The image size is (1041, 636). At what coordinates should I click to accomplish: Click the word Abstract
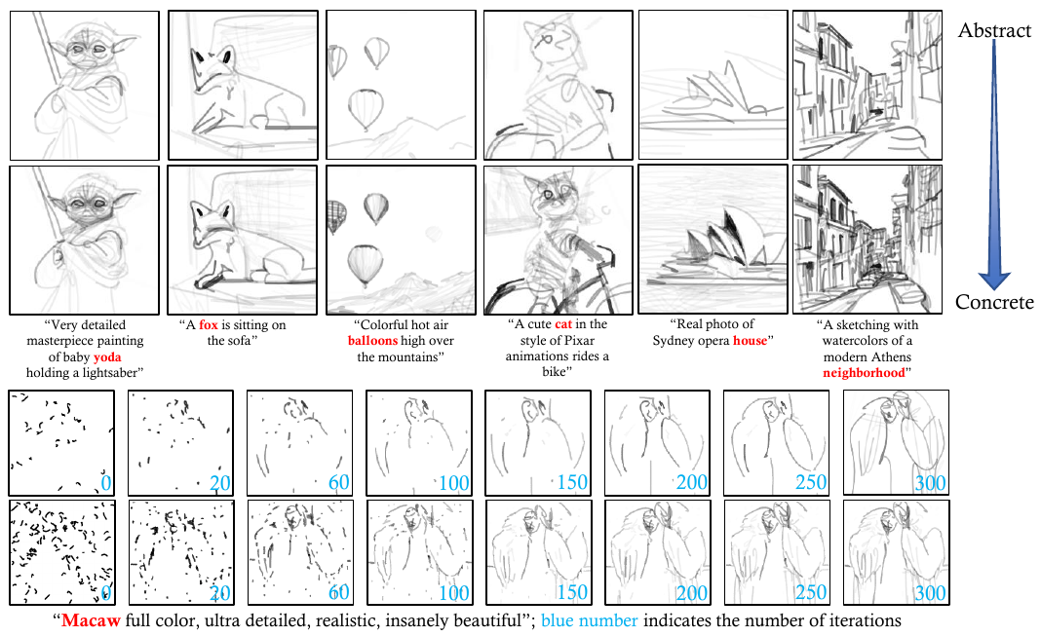click(994, 30)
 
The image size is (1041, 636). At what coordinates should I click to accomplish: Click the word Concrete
click(994, 302)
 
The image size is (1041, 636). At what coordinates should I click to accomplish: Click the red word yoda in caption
click(107, 356)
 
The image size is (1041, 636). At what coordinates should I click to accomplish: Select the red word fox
click(209, 325)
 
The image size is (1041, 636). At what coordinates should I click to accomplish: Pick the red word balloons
click(372, 341)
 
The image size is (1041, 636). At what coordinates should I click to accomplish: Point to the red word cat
click(563, 324)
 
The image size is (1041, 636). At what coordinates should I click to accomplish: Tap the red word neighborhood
click(864, 373)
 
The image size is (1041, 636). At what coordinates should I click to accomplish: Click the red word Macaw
click(91, 620)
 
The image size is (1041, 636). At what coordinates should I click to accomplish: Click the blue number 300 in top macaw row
click(930, 483)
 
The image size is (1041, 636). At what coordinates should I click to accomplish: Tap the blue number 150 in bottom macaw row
click(572, 592)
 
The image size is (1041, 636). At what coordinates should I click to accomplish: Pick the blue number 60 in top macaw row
click(339, 482)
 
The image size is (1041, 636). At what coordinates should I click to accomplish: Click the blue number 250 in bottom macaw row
click(811, 592)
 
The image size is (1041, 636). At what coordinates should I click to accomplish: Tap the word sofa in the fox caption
click(239, 341)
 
